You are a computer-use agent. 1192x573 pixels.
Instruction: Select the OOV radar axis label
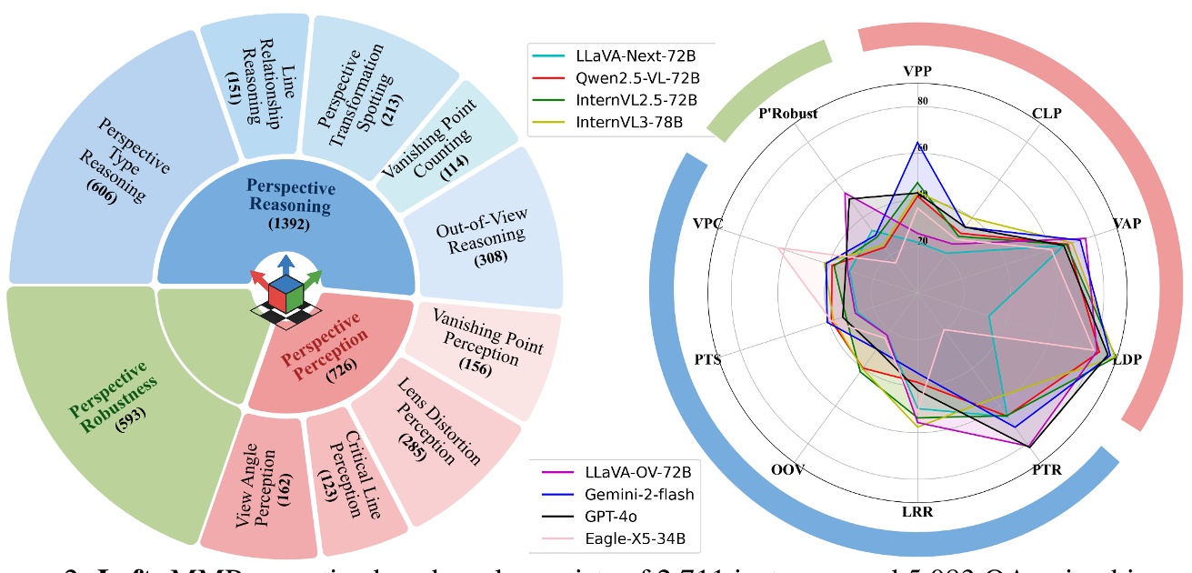click(786, 471)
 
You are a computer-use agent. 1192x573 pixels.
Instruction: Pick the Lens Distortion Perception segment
click(424, 427)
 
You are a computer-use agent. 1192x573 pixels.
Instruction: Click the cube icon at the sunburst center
click(288, 290)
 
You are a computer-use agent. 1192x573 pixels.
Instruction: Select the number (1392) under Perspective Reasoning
click(285, 222)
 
